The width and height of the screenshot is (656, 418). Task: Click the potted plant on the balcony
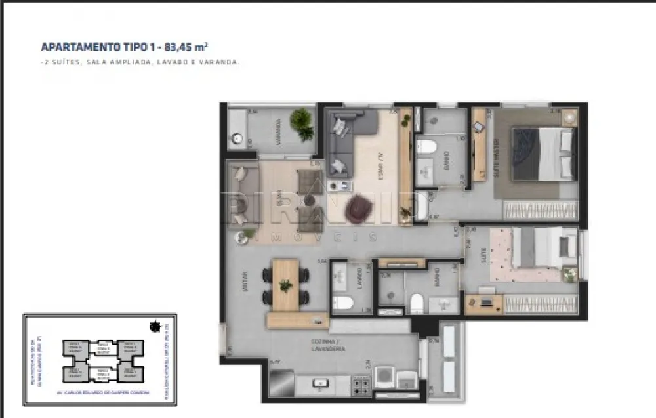point(302,123)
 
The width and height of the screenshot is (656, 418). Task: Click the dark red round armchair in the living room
point(358,208)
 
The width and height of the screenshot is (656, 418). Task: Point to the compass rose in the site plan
point(155,325)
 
